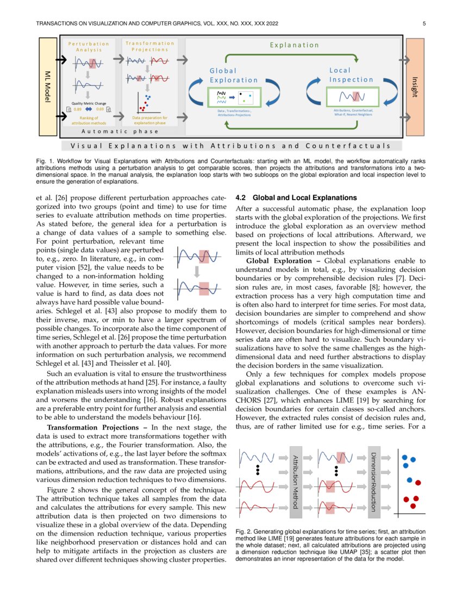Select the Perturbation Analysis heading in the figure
tap(88, 47)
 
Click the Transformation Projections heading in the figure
tap(149, 46)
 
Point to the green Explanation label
tap(295, 45)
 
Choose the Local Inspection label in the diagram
tap(351, 75)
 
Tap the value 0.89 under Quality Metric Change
tap(78, 109)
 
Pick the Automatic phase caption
tap(120, 131)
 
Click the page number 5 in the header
tap(423, 23)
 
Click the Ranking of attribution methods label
tap(89, 120)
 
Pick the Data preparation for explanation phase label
tap(150, 120)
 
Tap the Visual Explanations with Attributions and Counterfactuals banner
tap(230, 146)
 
